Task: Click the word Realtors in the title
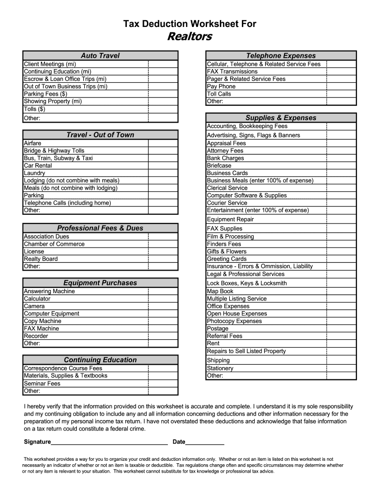coord(189,37)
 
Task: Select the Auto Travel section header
coord(100,55)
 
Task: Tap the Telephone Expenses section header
coord(281,55)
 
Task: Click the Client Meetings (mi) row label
coord(50,64)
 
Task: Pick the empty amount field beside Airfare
coord(163,143)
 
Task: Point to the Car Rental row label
coord(38,166)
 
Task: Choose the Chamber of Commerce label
coord(54,244)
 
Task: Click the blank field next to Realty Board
coord(163,259)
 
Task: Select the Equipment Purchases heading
coord(100,283)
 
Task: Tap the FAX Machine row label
coord(42,328)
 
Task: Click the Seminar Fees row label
coord(42,383)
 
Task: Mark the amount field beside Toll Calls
coord(341,94)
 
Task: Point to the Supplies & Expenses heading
coord(281,118)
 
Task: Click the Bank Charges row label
coord(225,158)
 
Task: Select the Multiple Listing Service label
coord(237,299)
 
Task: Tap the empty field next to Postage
coord(341,328)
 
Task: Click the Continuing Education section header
coord(100,360)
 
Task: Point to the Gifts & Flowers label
coord(227,251)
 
